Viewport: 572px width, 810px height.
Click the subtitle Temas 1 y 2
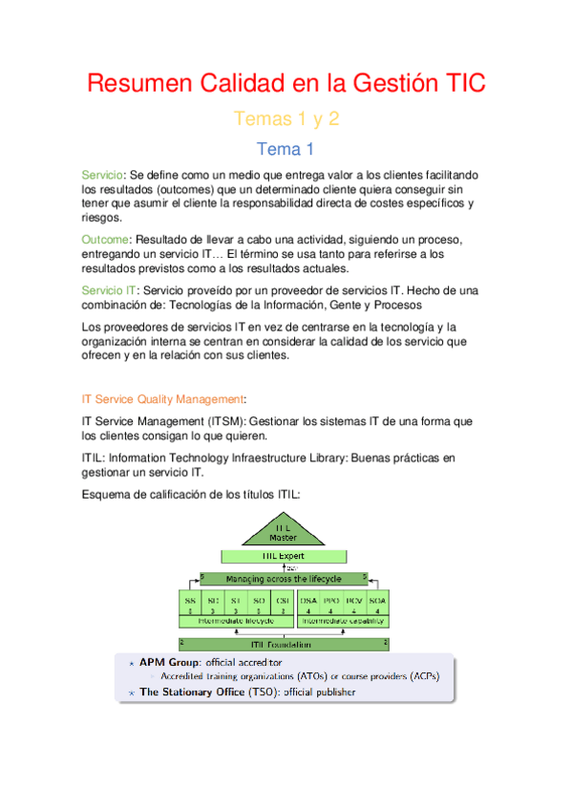(286, 119)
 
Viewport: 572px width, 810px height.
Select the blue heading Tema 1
(286, 149)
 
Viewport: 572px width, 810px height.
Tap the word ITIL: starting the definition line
(96, 458)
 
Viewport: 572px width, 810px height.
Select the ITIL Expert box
(283, 555)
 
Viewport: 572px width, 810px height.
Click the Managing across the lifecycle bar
(283, 579)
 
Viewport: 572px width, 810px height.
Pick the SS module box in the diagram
(190, 604)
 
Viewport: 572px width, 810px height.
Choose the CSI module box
(282, 604)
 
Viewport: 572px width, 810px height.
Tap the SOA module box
(377, 604)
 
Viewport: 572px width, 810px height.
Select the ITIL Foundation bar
(283, 645)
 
